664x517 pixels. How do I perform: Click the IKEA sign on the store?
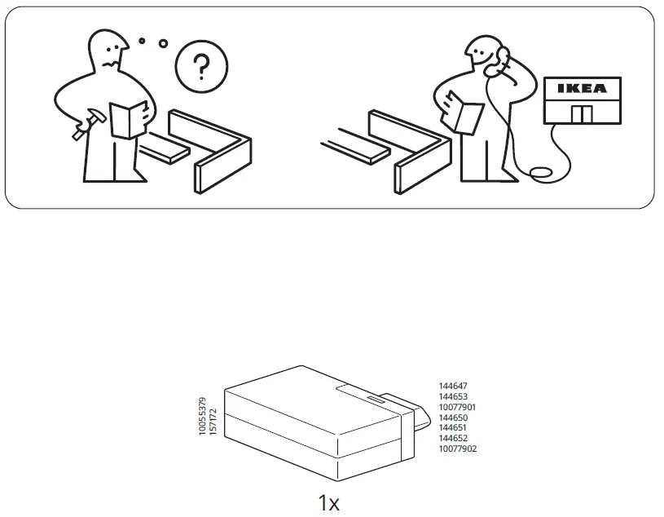(582, 89)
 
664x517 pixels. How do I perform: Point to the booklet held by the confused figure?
(129, 120)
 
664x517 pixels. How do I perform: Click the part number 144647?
(453, 386)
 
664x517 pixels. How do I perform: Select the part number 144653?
(453, 396)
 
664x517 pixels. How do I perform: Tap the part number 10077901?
(457, 407)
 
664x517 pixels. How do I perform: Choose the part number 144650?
(453, 418)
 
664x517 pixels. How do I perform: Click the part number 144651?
(453, 427)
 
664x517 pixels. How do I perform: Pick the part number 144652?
(453, 438)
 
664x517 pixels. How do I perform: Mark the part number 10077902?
(457, 449)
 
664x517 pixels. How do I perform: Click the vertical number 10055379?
(203, 416)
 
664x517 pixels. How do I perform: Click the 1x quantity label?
(328, 502)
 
